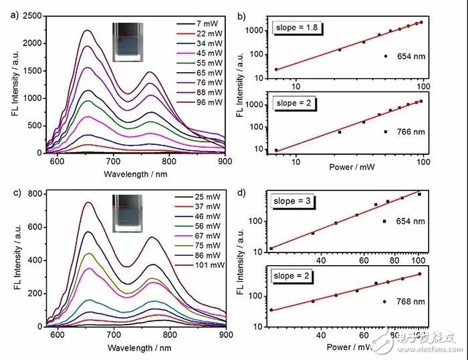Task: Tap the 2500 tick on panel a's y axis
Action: (x=35, y=15)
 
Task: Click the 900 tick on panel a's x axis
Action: (x=225, y=161)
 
